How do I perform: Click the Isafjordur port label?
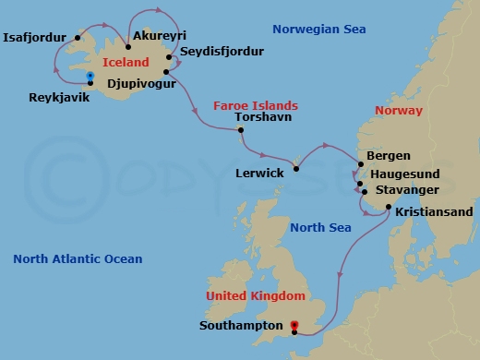(36, 38)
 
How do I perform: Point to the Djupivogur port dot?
(165, 70)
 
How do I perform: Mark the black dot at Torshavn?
(240, 130)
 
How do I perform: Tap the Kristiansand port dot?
(388, 207)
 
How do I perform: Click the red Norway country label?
(398, 111)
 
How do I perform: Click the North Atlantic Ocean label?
(78, 259)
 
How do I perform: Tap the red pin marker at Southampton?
(294, 325)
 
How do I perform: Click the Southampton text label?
(240, 326)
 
